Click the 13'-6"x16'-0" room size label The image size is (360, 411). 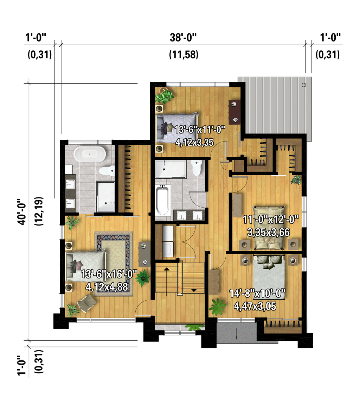[109, 274]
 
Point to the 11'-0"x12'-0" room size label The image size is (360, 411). [271, 220]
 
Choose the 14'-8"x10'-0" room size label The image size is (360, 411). [257, 293]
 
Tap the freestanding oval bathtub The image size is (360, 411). [89, 154]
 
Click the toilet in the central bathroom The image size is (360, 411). [197, 168]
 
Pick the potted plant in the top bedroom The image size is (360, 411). [166, 95]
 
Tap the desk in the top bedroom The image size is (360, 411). [234, 112]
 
